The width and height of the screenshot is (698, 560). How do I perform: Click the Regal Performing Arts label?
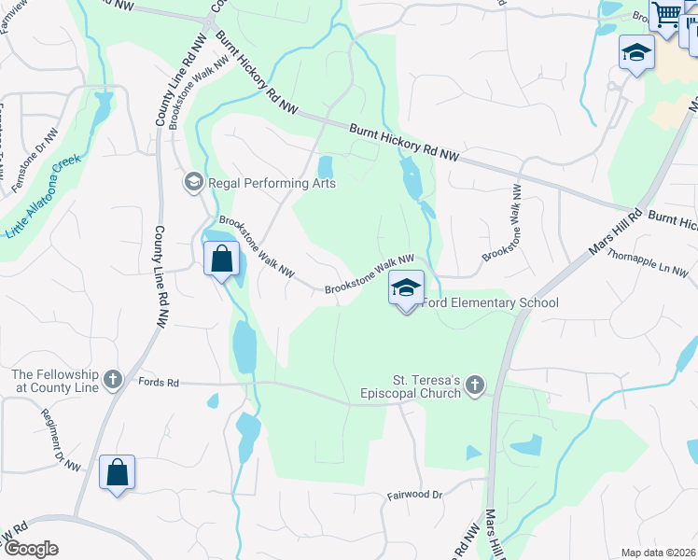pyautogui.click(x=271, y=183)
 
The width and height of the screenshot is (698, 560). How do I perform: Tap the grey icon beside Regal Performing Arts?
pyautogui.click(x=194, y=181)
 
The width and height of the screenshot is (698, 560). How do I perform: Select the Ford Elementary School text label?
pyautogui.click(x=491, y=302)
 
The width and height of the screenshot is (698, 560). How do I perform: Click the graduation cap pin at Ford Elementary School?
pyautogui.click(x=406, y=287)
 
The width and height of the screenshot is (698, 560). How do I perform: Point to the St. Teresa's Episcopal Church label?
pyautogui.click(x=426, y=386)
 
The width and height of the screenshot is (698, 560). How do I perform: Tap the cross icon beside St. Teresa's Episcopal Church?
pyautogui.click(x=475, y=385)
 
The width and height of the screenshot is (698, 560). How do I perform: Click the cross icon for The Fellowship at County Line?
pyautogui.click(x=113, y=379)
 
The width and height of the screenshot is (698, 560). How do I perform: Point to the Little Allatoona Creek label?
pyautogui.click(x=43, y=196)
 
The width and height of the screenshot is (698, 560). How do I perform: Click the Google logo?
pyautogui.click(x=31, y=549)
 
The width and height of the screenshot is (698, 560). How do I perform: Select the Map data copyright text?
pyautogui.click(x=658, y=553)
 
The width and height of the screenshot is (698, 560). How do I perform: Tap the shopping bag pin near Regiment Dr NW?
pyautogui.click(x=118, y=472)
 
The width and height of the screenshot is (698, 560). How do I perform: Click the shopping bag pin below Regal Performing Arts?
pyautogui.click(x=221, y=259)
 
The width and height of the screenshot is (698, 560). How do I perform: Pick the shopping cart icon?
pyautogui.click(x=665, y=14)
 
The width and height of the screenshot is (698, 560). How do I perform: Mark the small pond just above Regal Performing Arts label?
pyautogui.click(x=326, y=167)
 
